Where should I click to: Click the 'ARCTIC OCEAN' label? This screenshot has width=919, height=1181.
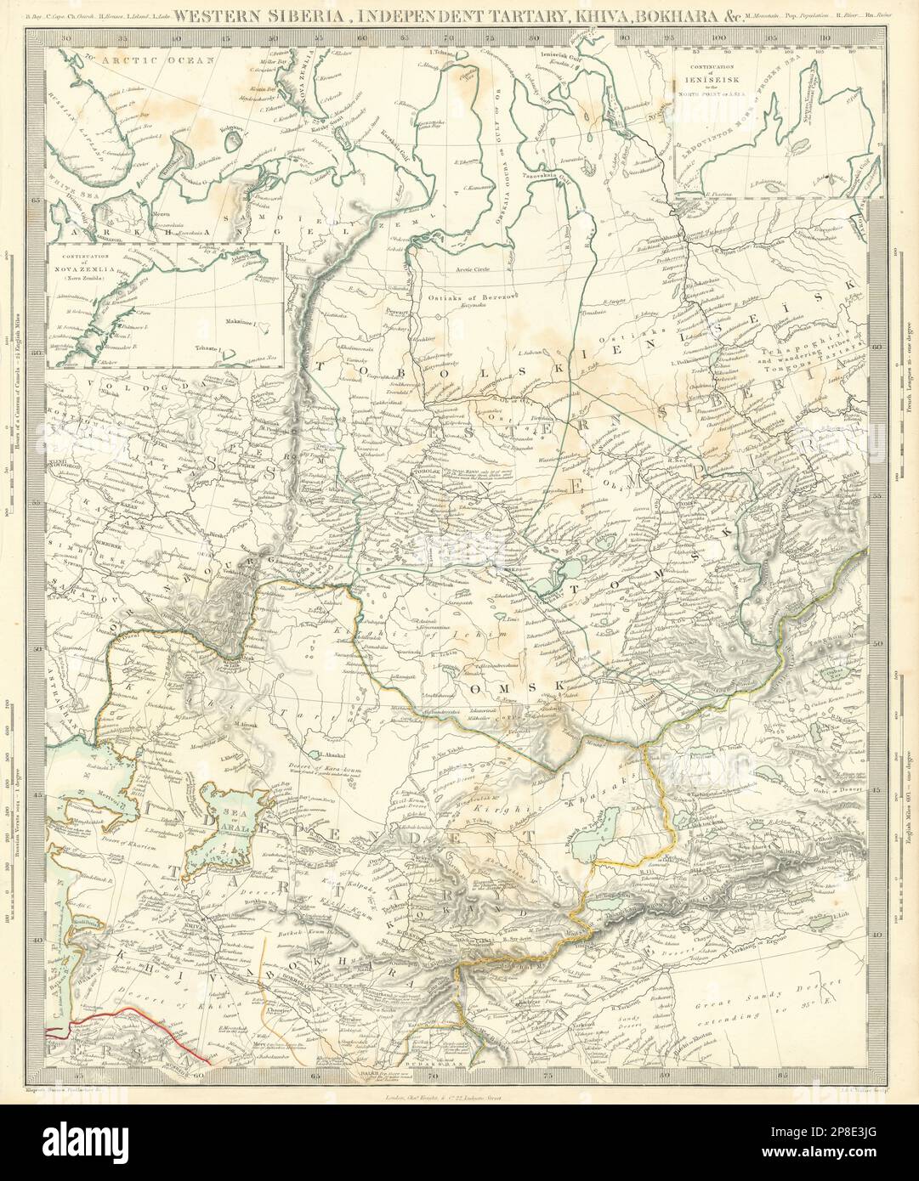(x=139, y=61)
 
